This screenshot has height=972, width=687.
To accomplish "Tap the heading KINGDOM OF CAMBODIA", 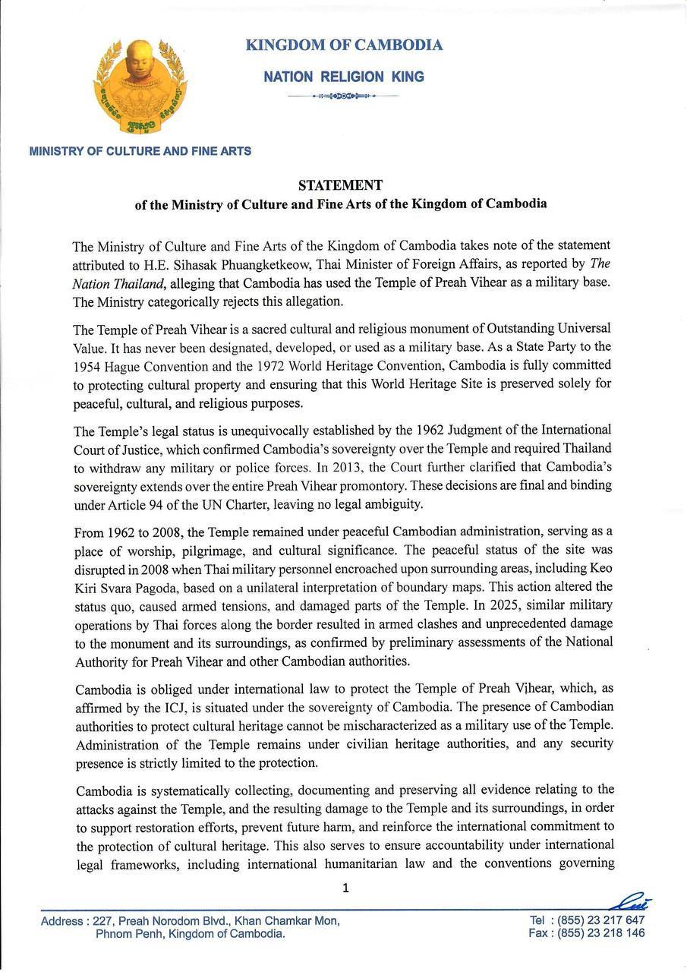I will coord(344,46).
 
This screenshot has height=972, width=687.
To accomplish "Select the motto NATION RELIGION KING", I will coord(344,77).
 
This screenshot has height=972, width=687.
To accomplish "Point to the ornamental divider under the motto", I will coord(344,96).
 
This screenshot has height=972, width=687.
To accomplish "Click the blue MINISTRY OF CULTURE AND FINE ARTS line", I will coord(140,151).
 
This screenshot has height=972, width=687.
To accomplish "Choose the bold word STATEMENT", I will coord(340,185).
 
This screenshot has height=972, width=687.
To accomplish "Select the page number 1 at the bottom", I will coord(345,888).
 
